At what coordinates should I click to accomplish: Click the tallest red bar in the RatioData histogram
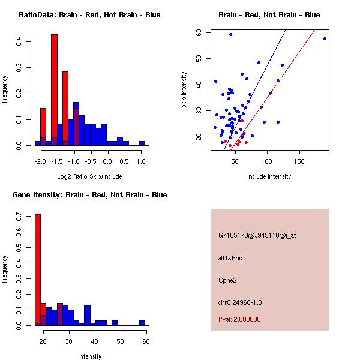point(54,90)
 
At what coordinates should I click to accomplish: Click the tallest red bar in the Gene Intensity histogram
point(37,270)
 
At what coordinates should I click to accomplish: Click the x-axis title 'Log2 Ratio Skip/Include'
point(89,176)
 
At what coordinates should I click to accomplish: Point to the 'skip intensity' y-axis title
point(185,90)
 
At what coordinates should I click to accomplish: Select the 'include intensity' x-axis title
point(269,176)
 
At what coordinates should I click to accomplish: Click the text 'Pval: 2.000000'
point(239,319)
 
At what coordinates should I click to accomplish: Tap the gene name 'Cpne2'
point(227,280)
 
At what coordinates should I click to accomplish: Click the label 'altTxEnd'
point(230,258)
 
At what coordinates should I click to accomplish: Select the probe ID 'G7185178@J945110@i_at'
point(257,235)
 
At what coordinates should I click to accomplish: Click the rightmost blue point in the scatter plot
point(325,38)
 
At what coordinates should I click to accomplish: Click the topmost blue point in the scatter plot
point(230,34)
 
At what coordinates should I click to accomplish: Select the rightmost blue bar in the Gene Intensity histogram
point(142,323)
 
